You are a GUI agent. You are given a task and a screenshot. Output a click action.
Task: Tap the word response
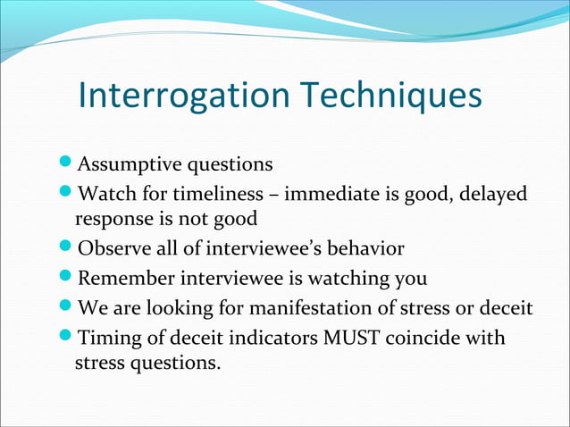tap(113, 219)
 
